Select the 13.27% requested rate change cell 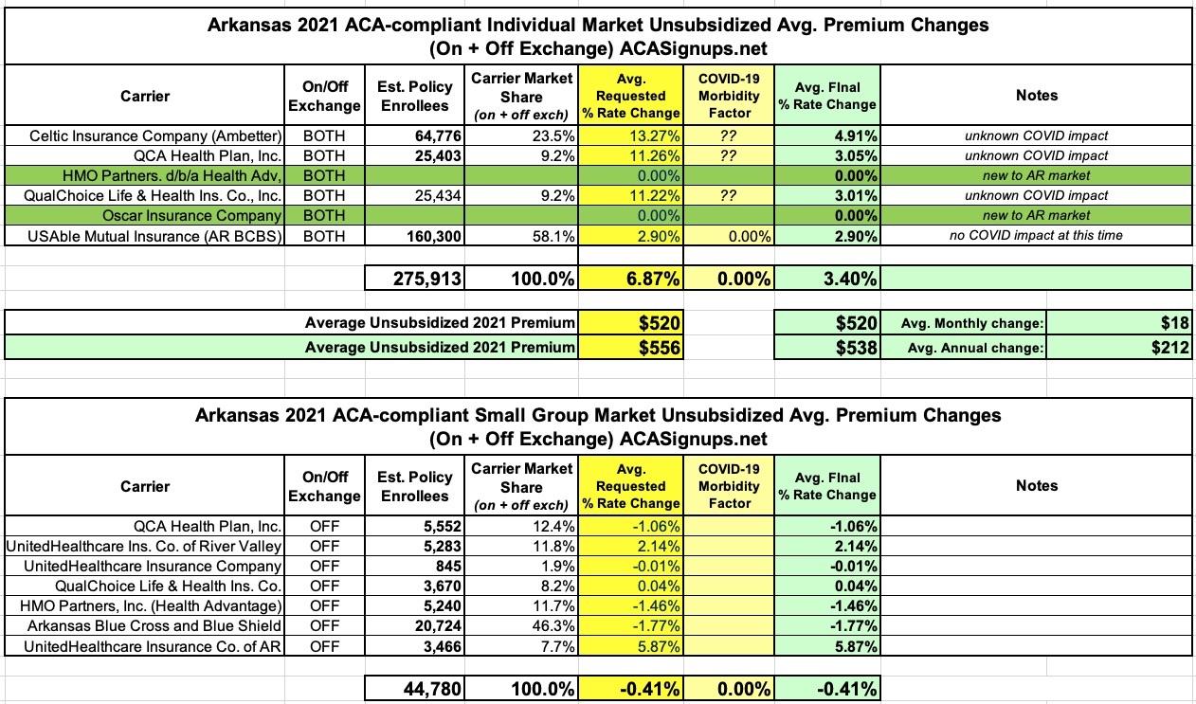(631, 135)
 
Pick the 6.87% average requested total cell (631, 278)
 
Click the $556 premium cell (631, 348)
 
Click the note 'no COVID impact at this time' (1036, 235)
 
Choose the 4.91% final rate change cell (826, 135)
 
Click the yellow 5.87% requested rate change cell (631, 646)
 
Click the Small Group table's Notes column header (1036, 485)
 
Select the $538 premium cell (826, 348)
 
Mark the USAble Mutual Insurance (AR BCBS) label (155, 235)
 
